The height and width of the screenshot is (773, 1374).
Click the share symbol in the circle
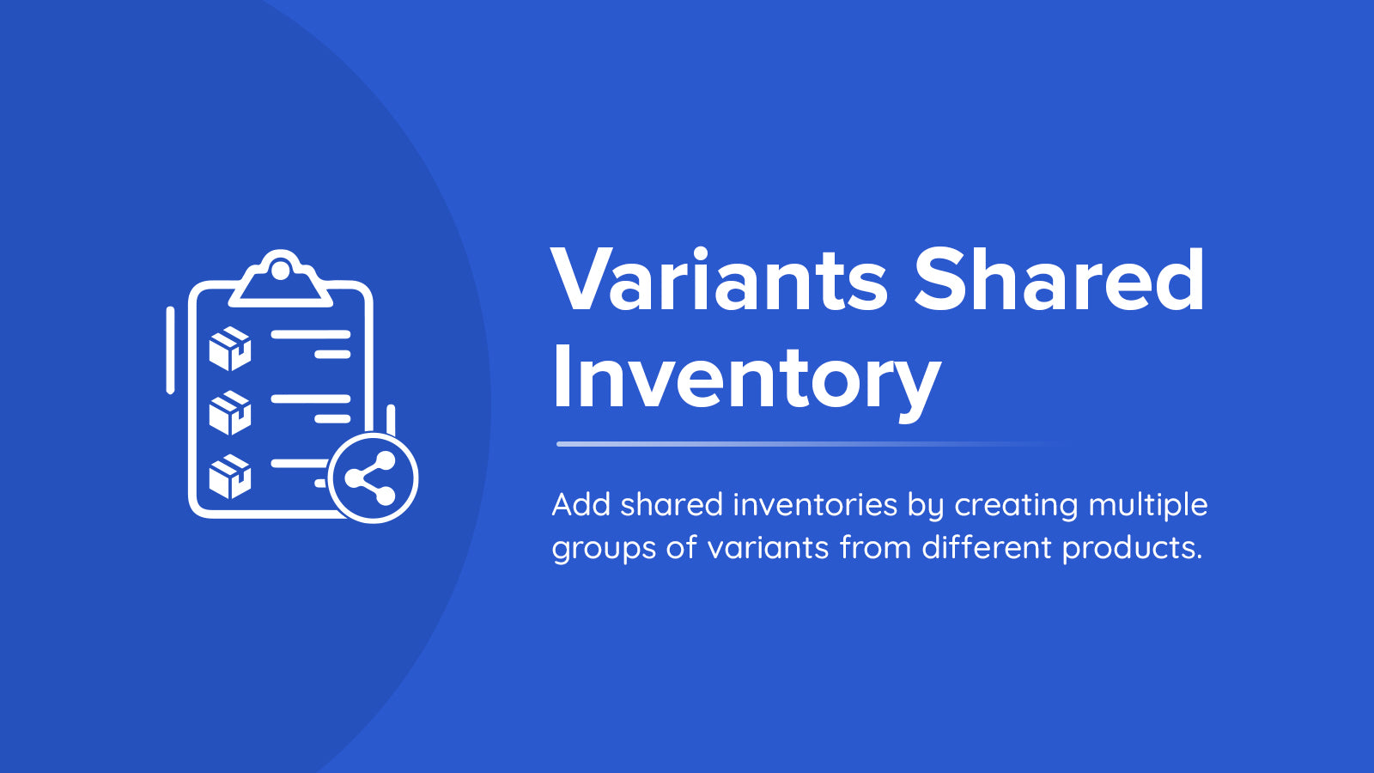(370, 478)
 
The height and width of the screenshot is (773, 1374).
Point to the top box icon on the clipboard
(230, 349)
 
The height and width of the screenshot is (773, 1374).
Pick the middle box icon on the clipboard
(230, 412)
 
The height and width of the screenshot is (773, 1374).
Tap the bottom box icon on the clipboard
(230, 476)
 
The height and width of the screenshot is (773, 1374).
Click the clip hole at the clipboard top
(280, 270)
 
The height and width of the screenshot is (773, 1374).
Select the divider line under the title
(810, 443)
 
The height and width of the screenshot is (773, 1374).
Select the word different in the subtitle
(987, 545)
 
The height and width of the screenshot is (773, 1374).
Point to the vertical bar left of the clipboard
(171, 350)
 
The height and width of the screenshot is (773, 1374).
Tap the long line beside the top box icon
(310, 334)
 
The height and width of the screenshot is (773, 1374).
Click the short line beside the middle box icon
(332, 419)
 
